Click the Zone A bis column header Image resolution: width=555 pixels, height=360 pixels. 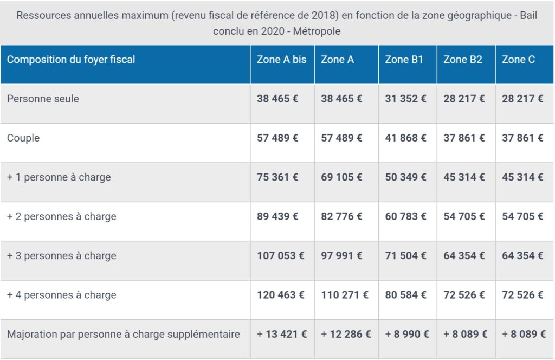click(281, 60)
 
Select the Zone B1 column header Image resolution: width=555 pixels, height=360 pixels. click(404, 60)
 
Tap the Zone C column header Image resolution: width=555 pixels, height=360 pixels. click(518, 60)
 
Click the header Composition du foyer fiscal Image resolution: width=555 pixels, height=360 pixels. click(71, 60)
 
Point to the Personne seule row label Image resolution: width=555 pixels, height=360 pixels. click(43, 99)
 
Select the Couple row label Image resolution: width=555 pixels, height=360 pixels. click(23, 138)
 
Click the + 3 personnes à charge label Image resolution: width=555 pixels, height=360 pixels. click(61, 255)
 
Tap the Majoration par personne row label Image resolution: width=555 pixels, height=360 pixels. click(123, 334)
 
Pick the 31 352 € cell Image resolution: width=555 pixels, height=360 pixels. click(405, 99)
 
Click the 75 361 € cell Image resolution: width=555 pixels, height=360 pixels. click(277, 177)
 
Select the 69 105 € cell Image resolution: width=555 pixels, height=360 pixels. click(341, 177)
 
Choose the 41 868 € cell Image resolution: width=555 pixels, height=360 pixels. click(405, 138)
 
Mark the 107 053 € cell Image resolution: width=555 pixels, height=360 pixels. click(281, 255)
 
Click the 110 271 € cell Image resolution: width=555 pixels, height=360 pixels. click(345, 295)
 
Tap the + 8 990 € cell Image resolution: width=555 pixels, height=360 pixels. click(407, 334)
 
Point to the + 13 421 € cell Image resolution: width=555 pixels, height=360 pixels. click(282, 334)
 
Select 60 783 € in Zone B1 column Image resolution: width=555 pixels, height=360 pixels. click(405, 216)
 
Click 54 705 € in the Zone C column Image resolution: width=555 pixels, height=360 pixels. click(522, 216)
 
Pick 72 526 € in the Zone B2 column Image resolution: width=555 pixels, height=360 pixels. click(464, 295)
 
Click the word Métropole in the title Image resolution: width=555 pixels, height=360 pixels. click(317, 31)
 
